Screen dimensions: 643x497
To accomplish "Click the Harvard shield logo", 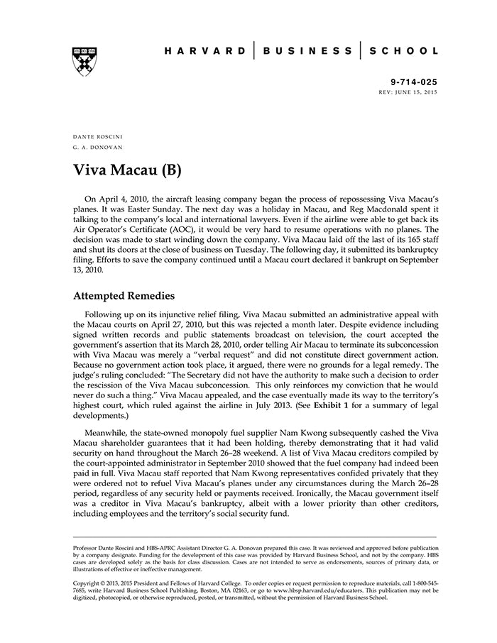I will click(84, 60).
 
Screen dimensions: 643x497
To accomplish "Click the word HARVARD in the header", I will click(205, 51).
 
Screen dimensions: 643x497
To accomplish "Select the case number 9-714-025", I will click(415, 82).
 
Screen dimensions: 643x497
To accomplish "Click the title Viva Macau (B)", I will click(128, 170).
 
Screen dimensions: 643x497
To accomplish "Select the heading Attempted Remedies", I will click(124, 295).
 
